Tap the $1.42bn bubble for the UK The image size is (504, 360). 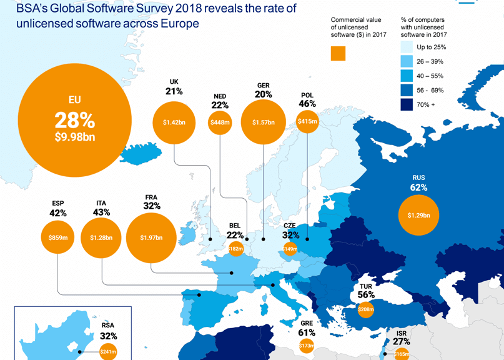click(x=174, y=122)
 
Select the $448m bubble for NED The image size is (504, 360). click(x=220, y=122)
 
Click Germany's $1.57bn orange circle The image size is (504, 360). click(x=263, y=122)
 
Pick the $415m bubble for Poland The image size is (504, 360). click(x=307, y=121)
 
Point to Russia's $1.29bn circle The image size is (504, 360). click(x=418, y=216)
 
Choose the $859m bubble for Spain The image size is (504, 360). click(x=58, y=237)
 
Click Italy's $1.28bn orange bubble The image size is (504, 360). click(x=101, y=237)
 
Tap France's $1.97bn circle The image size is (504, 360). click(x=151, y=237)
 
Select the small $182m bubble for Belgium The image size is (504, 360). click(x=235, y=249)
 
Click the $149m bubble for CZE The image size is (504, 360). click(x=290, y=249)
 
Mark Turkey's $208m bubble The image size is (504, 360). click(x=366, y=309)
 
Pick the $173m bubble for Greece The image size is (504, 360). click(x=306, y=345)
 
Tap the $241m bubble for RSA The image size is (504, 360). click(x=108, y=351)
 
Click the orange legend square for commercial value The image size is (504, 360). click(x=338, y=53)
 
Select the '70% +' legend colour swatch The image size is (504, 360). click(x=408, y=105)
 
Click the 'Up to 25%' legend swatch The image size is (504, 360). click(x=408, y=47)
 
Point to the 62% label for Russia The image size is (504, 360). click(x=418, y=187)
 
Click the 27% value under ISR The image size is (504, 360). click(x=402, y=342)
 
